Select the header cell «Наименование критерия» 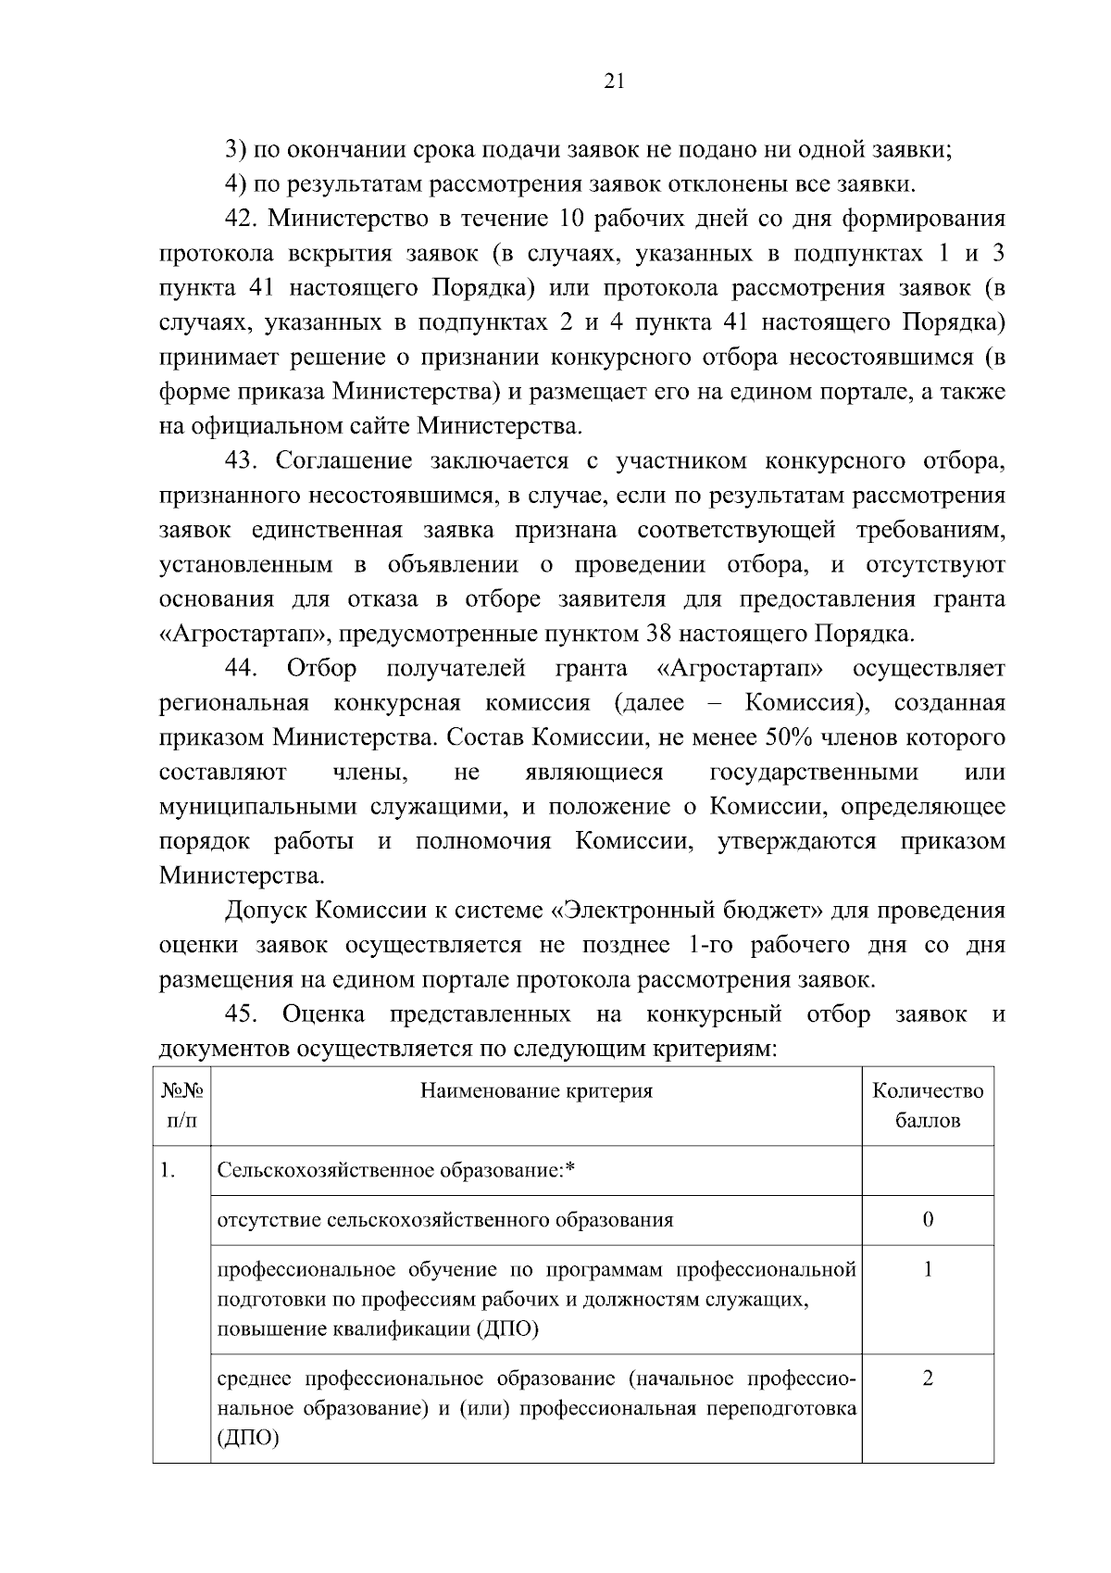pos(536,1090)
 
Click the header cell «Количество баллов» pos(928,1105)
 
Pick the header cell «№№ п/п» pos(181,1105)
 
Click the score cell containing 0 pos(928,1219)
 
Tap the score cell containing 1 pos(928,1269)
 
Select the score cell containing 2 pos(928,1378)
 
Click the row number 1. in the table pos(169,1171)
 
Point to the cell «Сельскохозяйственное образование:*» pos(396,1171)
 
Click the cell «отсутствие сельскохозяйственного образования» pos(444,1220)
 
